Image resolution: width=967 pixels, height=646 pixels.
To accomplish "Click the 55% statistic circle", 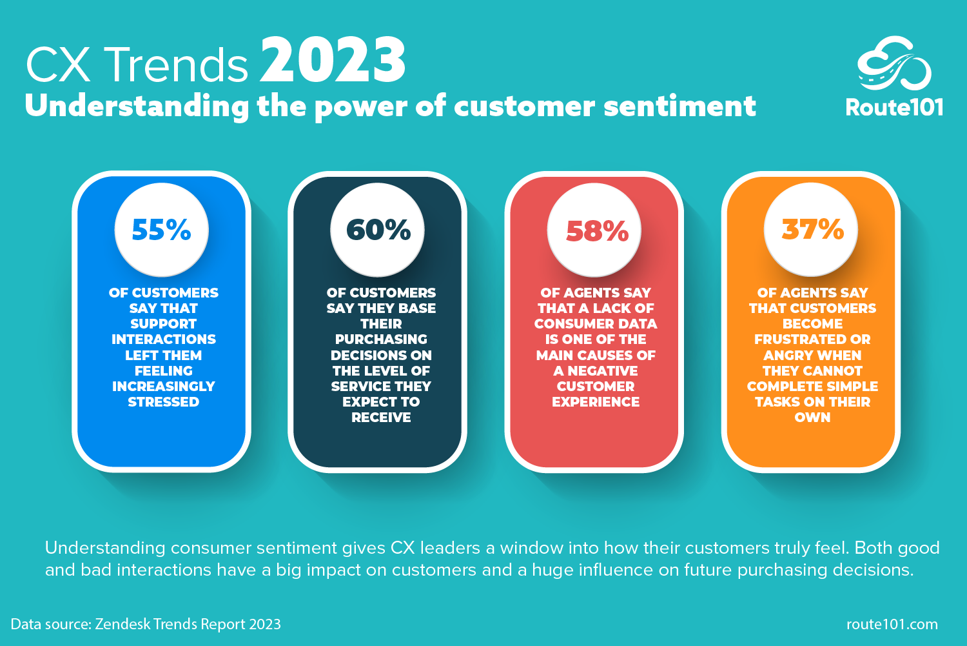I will pyautogui.click(x=161, y=230).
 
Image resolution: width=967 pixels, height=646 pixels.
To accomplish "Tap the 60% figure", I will pyautogui.click(x=378, y=230).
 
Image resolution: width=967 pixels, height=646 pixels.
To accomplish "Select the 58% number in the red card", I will pyautogui.click(x=597, y=231).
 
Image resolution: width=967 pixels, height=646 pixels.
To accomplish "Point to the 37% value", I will pyautogui.click(x=812, y=229).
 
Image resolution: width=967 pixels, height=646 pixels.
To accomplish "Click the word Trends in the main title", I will pyautogui.click(x=176, y=65).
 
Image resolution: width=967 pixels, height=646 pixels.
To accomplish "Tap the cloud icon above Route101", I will pyautogui.click(x=894, y=64).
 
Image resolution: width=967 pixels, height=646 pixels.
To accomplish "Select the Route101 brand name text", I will pyautogui.click(x=894, y=107).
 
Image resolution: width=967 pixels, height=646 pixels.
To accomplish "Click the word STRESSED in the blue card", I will pyautogui.click(x=164, y=402).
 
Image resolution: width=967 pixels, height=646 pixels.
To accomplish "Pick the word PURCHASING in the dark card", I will pyautogui.click(x=381, y=339).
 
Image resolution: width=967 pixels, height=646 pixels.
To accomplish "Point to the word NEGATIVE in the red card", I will pyautogui.click(x=603, y=371).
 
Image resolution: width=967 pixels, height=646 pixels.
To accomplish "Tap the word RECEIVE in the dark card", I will pyautogui.click(x=381, y=418).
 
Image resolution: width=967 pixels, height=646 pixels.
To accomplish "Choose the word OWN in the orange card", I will pyautogui.click(x=812, y=418).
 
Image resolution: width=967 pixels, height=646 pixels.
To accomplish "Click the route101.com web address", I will pyautogui.click(x=892, y=624).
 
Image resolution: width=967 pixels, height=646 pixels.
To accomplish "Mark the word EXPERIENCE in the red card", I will pyautogui.click(x=596, y=402).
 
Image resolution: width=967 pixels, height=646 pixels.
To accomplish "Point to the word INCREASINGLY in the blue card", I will pyautogui.click(x=164, y=387).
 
